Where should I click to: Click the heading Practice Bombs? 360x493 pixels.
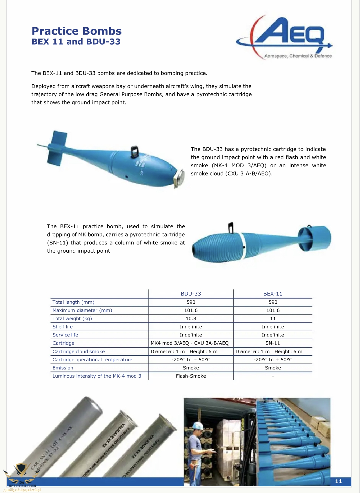[77, 31]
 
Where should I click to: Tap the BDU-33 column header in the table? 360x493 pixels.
[191, 294]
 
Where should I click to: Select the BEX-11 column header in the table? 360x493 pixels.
[273, 294]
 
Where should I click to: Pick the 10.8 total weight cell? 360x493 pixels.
[191, 318]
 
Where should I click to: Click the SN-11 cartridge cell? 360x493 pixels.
[273, 343]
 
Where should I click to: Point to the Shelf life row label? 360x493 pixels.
[63, 327]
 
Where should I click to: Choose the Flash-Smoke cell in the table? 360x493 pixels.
[191, 376]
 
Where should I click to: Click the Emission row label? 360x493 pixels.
[63, 368]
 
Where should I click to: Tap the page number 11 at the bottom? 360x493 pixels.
[339, 481]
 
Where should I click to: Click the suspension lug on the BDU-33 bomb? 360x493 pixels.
[134, 150]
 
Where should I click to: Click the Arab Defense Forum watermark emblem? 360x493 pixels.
[22, 473]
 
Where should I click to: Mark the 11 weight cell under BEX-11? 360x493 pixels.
[273, 318]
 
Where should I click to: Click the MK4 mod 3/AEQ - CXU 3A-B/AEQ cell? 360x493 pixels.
[190, 343]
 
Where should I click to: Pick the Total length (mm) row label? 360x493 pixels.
[73, 302]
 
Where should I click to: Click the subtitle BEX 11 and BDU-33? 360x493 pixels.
[76, 42]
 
